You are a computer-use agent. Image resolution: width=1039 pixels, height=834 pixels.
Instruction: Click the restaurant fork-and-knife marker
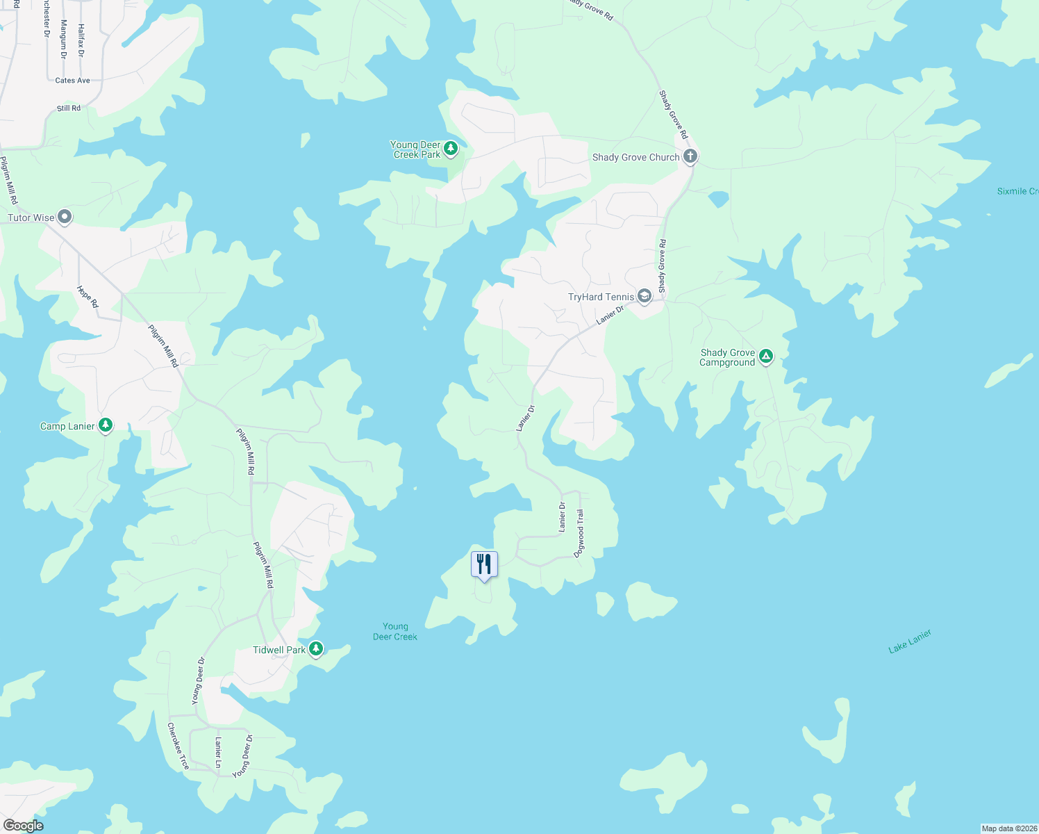coord(484,564)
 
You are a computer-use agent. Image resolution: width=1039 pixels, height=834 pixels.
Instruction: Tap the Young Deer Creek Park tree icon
coord(451,148)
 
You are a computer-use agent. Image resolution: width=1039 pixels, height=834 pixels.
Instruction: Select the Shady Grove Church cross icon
coord(690,156)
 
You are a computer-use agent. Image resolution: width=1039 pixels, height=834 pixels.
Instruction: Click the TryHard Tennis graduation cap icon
coord(645,297)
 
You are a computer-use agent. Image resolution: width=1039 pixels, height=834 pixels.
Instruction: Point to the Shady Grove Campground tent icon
coord(765,357)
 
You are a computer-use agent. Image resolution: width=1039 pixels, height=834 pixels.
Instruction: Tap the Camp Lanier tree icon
coord(106,425)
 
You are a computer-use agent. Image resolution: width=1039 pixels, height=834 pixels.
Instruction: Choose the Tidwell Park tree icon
coord(316,649)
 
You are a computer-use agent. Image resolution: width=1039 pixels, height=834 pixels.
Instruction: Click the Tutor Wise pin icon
coord(65,218)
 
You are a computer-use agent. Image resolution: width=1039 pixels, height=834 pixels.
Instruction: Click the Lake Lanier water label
coord(910,641)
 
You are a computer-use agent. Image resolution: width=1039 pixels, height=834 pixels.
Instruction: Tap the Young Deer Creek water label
coord(395,632)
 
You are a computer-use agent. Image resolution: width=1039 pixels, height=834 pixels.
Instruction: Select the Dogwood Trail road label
coord(579,533)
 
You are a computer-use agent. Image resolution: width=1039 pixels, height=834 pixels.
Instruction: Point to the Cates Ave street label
coord(73,81)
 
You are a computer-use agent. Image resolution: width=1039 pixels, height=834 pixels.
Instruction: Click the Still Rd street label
coord(69,108)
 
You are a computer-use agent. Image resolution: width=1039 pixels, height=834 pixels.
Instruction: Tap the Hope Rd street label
coord(88,297)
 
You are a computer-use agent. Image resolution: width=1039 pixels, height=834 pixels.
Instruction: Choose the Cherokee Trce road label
coord(178,746)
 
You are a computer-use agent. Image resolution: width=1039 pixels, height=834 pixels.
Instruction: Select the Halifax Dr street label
coord(81,40)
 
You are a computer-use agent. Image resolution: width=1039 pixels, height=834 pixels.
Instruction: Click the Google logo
coord(24,826)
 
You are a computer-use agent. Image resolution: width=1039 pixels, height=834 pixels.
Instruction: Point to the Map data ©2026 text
coord(1008,828)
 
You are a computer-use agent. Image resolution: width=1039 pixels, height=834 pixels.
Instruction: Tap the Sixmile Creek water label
coord(1017,191)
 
